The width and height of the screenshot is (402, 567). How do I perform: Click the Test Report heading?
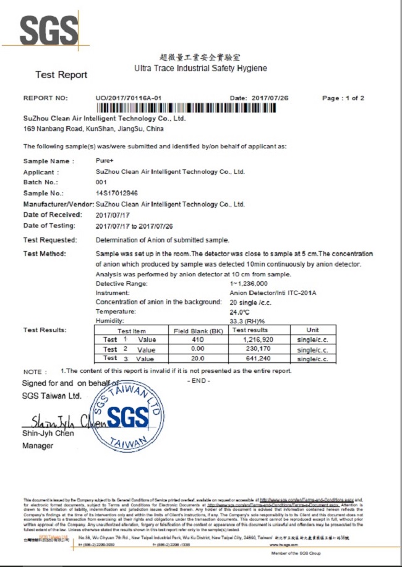pyautogui.click(x=61, y=75)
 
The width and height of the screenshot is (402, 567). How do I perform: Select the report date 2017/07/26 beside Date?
pyautogui.click(x=270, y=98)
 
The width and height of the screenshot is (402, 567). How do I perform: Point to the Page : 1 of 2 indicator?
pyautogui.click(x=343, y=98)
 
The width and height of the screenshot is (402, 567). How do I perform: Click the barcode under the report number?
pyautogui.click(x=192, y=109)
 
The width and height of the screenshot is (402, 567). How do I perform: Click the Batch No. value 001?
pyautogui.click(x=101, y=182)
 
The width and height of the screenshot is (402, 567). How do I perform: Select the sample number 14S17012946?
pyautogui.click(x=116, y=193)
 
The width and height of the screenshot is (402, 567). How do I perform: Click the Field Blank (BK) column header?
pyautogui.click(x=197, y=331)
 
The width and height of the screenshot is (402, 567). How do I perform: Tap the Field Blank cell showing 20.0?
pyautogui.click(x=197, y=359)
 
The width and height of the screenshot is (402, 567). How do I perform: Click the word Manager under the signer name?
pyautogui.click(x=38, y=445)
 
